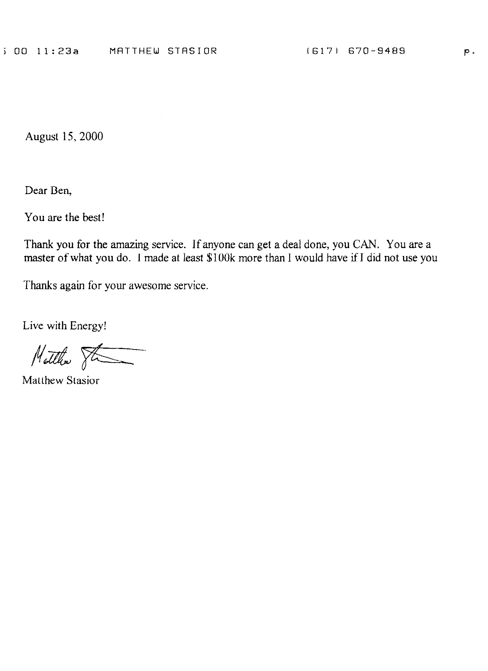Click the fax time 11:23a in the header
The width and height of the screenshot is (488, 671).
pos(58,51)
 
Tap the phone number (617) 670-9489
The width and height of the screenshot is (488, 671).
pos(356,51)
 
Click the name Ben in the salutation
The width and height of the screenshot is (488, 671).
pos(61,191)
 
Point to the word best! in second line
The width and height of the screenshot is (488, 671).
pos(93,217)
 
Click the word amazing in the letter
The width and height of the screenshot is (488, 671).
pos(129,245)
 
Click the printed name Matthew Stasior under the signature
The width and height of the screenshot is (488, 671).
pos(61,380)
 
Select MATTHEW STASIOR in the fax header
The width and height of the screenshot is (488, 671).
pos(163,51)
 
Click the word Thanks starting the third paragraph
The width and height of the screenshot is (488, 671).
pos(40,286)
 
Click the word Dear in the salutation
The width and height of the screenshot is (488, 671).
pos(36,191)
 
